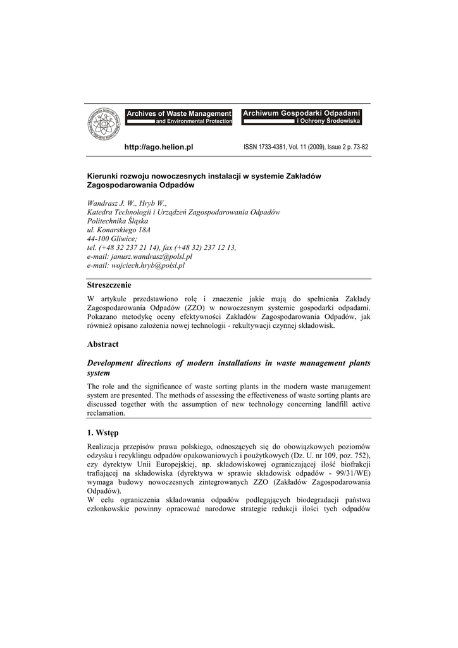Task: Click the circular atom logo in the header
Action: pyautogui.click(x=104, y=125)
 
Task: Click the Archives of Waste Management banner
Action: pyautogui.click(x=179, y=116)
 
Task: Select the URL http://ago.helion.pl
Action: pyautogui.click(x=158, y=147)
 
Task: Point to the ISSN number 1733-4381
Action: pyautogui.click(x=273, y=147)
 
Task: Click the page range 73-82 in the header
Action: pyautogui.click(x=360, y=147)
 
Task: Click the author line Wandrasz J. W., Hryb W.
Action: pyautogui.click(x=127, y=203)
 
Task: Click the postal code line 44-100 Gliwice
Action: pyautogui.click(x=111, y=239)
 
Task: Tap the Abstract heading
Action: pyautogui.click(x=102, y=344)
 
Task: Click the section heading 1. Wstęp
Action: pyautogui.click(x=105, y=433)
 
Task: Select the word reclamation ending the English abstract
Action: pyautogui.click(x=106, y=413)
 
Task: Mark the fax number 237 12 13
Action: pyautogui.click(x=214, y=248)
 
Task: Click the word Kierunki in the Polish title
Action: pyautogui.click(x=102, y=176)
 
